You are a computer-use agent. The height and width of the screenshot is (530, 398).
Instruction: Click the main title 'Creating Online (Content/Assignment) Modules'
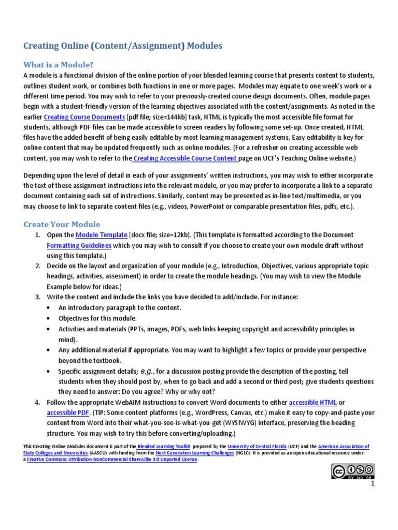click(123, 46)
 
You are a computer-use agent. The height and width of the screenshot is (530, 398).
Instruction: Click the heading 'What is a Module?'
click(59, 65)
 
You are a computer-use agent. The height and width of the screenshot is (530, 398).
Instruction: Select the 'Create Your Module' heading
click(62, 224)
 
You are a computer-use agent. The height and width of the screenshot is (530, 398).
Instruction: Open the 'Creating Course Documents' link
click(84, 117)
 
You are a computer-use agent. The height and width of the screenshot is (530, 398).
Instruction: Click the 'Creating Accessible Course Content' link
click(185, 158)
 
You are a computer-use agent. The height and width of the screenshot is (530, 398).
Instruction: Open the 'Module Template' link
click(101, 235)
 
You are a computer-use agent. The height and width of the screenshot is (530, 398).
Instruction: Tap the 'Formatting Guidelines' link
click(79, 245)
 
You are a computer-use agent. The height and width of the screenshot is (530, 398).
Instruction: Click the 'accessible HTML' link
click(312, 402)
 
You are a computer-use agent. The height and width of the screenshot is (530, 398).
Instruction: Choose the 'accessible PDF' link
click(68, 413)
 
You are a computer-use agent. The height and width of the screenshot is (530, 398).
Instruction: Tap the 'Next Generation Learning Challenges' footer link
click(193, 453)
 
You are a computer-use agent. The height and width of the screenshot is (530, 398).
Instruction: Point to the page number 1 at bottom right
click(372, 483)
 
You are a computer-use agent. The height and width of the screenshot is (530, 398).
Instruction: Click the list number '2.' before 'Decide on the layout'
click(38, 266)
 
